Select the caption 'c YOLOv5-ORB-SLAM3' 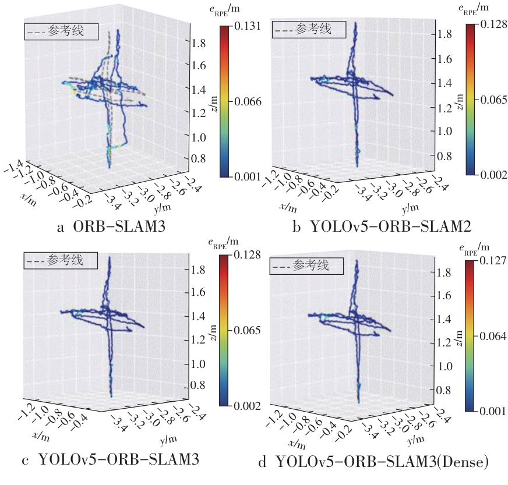[x=111, y=460]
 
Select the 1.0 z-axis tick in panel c [x=198, y=364]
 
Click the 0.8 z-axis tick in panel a [x=198, y=158]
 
